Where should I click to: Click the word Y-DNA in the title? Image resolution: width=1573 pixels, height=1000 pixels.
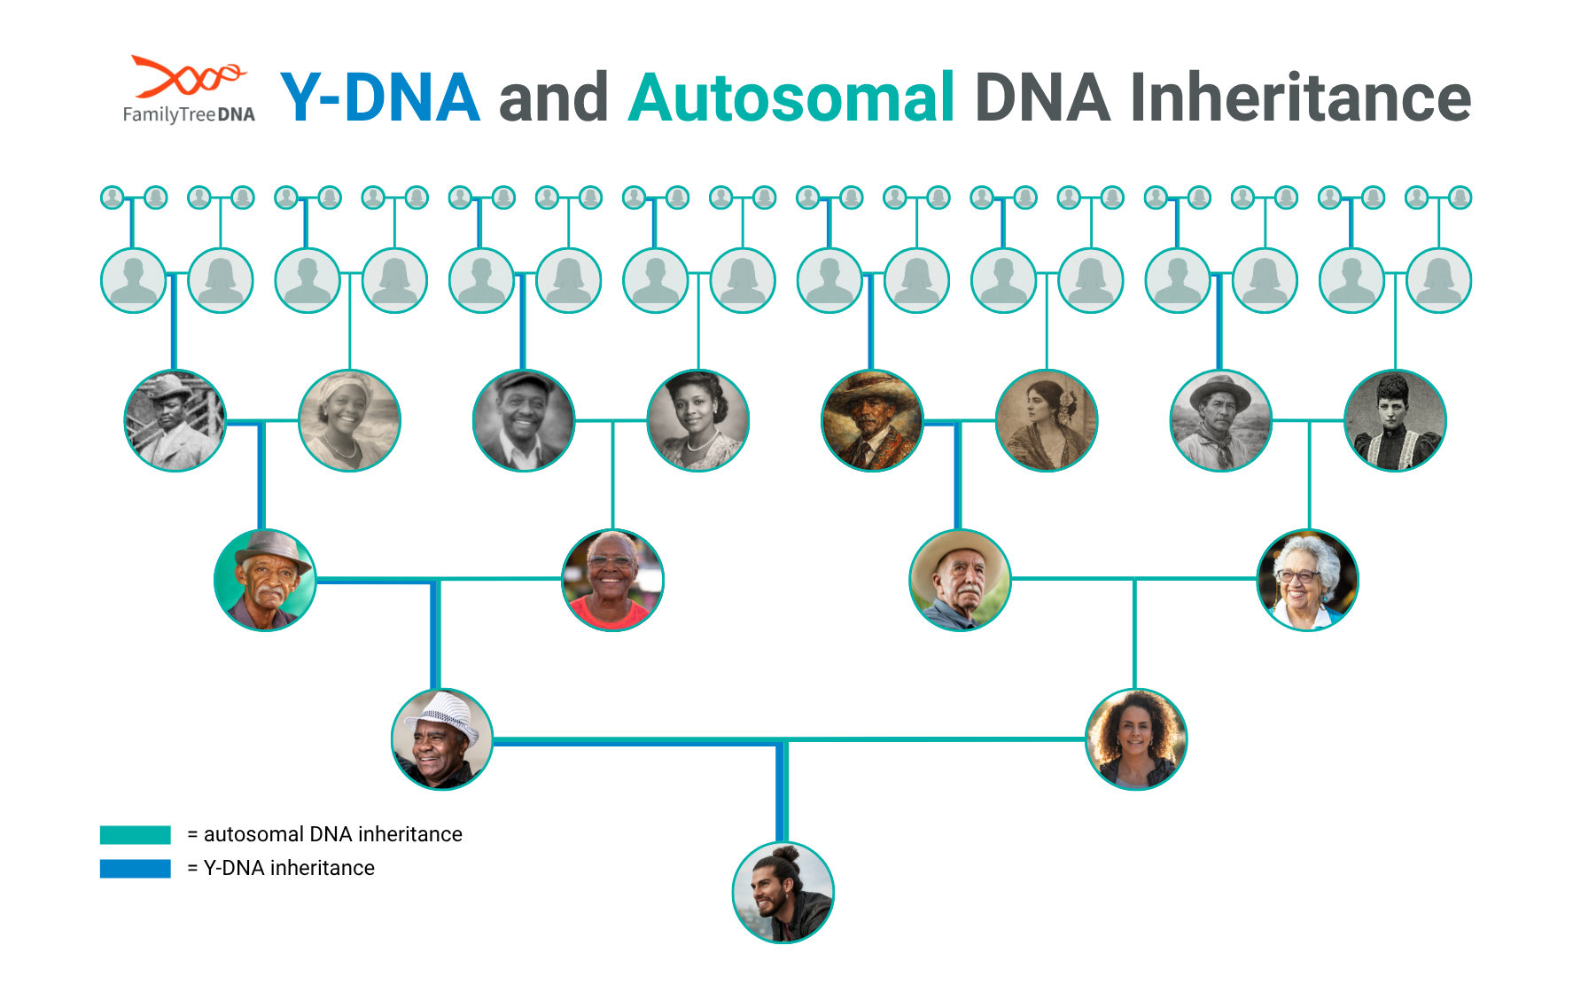coord(380,98)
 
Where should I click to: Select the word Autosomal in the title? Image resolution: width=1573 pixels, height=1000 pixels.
coord(791,98)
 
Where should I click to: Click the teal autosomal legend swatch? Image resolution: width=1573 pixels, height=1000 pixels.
coord(135,834)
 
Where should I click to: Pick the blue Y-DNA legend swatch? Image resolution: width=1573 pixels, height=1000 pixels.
coord(135,868)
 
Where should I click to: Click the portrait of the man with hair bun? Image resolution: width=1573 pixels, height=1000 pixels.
coord(783,893)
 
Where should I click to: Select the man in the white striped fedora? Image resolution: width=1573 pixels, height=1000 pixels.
coord(442,739)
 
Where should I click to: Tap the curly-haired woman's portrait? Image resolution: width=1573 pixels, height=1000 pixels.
coord(1136,739)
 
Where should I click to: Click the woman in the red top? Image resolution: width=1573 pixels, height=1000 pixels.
coord(612,580)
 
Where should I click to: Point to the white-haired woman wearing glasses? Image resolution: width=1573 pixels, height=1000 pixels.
coord(1307,580)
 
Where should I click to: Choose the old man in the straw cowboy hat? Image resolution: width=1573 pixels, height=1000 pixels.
coord(960,580)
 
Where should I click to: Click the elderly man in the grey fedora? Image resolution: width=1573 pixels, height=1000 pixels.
coord(265,580)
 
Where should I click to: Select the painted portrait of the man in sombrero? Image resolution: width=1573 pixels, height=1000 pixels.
coord(872,420)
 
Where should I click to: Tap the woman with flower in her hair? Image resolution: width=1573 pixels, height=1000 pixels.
coord(1047,420)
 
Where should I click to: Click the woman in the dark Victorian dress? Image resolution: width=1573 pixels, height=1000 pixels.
coord(1395,420)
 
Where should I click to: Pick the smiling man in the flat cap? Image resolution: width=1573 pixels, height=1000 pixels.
coord(524,420)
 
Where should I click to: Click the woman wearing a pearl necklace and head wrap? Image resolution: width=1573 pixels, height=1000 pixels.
coord(350,420)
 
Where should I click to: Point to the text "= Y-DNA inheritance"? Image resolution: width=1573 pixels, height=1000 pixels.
coord(281,868)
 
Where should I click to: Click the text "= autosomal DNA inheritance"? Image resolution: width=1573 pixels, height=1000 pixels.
coord(324,834)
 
